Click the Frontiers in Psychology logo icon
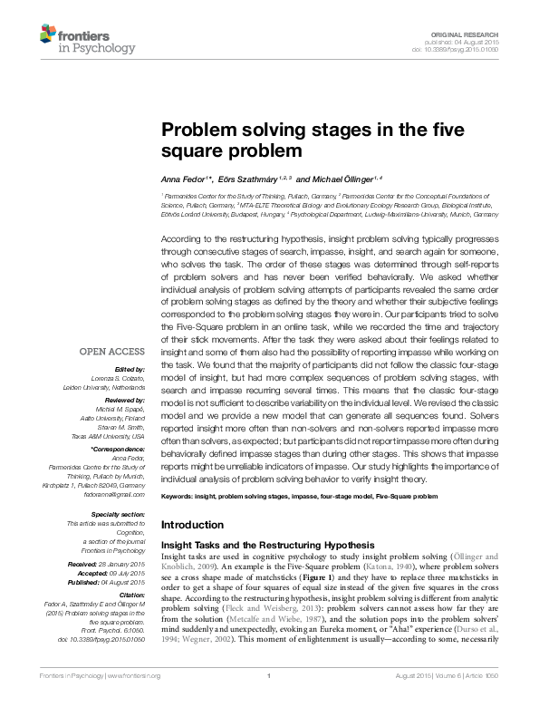point(50,35)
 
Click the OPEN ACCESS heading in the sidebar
point(113,351)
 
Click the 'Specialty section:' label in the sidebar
point(118,515)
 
